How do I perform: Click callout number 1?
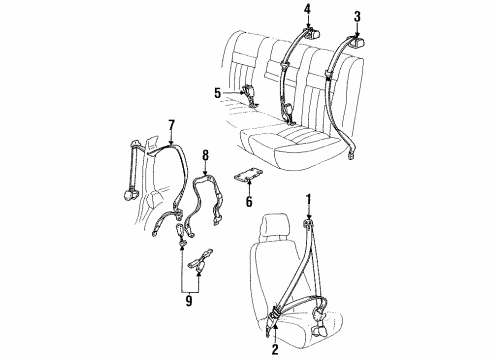point(310,198)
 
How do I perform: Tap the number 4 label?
point(307,11)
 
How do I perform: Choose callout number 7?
point(171,126)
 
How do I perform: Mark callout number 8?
point(204,155)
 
